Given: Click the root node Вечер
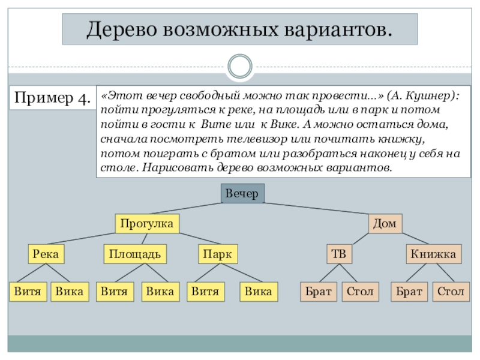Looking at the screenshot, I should pos(242,194).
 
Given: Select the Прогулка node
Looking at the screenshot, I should pos(146,224).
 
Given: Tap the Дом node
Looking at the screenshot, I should pos(384,224).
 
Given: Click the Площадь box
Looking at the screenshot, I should pos(134,254).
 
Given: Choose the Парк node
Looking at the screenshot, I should pos(217,254).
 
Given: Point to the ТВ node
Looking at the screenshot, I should pos(339,254).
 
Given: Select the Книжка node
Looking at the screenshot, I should pos(433,254).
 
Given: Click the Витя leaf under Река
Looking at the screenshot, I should pos(28,292).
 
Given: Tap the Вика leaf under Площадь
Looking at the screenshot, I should pos(160,292).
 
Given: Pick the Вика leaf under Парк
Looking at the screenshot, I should pos(259,292).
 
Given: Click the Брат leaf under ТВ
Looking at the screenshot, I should pos(318,292).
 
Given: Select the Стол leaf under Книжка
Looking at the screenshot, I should pos(450,292).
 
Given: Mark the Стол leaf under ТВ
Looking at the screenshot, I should pos(360,292).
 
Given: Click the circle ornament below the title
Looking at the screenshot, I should pos(240,65).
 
